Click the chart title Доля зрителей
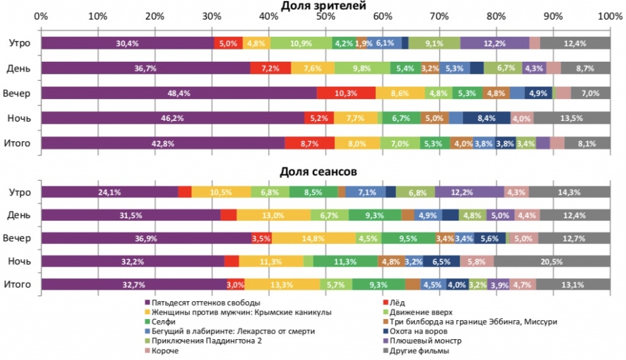(x=323, y=6)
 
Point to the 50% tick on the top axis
(x=326, y=16)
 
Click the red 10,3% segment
(x=346, y=94)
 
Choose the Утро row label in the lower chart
(x=20, y=193)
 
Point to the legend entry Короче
(x=165, y=351)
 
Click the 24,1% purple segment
(x=109, y=193)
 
